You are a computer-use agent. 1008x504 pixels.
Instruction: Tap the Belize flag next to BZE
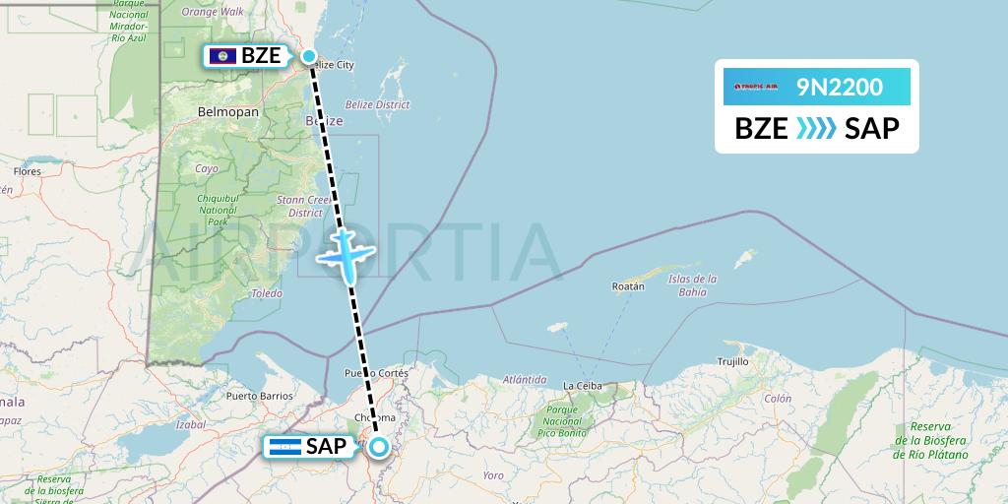tap(222, 56)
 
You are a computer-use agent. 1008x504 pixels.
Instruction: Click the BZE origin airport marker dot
tap(309, 56)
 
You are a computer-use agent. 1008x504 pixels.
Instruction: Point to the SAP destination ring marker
tap(379, 448)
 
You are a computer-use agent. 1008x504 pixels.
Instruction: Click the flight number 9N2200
tap(840, 88)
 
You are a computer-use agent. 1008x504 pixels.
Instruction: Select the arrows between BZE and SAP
tap(816, 128)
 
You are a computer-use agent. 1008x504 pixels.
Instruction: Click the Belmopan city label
tap(227, 112)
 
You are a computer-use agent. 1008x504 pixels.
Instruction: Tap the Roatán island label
tap(628, 285)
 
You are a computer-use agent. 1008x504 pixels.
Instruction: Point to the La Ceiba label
tap(582, 385)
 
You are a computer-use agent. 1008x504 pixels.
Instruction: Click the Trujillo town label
tap(732, 362)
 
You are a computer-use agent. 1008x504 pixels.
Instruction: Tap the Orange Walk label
tap(214, 12)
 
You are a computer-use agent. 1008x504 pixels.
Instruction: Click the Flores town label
tap(27, 171)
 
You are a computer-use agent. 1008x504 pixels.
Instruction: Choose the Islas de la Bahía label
tap(693, 284)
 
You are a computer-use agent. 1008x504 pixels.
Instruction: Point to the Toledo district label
tap(266, 293)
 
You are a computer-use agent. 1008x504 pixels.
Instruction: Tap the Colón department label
tap(777, 399)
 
